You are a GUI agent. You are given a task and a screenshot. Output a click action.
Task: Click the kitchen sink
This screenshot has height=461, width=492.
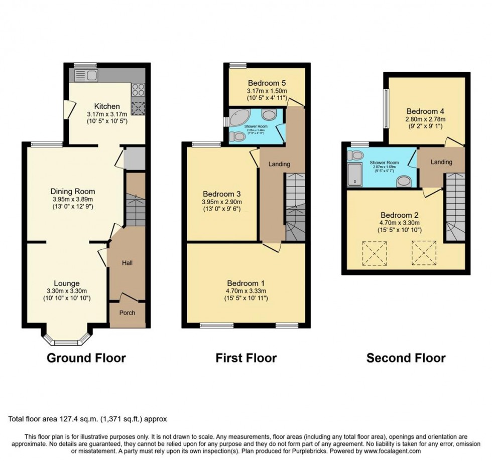(x=86, y=76)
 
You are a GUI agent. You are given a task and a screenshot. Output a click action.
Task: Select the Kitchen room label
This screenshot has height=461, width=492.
(x=107, y=106)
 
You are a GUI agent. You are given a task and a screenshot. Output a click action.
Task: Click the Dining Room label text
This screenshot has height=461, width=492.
(x=73, y=191)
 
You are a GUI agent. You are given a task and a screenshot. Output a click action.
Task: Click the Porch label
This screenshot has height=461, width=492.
(x=127, y=313)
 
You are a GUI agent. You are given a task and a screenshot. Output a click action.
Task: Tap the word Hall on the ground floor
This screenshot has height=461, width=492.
(x=127, y=262)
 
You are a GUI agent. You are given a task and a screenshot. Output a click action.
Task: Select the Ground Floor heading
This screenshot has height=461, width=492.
(x=86, y=358)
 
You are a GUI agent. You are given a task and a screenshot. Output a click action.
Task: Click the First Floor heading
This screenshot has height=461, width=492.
(x=246, y=358)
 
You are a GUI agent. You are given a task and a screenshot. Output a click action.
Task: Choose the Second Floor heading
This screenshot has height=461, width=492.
(x=406, y=358)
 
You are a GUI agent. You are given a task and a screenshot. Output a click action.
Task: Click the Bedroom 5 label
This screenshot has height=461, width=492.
(x=266, y=82)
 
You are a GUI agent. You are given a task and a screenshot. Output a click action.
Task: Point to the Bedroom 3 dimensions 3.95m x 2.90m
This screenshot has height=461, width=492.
(x=221, y=203)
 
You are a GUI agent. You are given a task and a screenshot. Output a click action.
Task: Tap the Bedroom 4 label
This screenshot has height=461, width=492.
(x=425, y=111)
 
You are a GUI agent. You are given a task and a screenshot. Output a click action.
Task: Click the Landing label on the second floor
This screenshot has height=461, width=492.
(x=441, y=162)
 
